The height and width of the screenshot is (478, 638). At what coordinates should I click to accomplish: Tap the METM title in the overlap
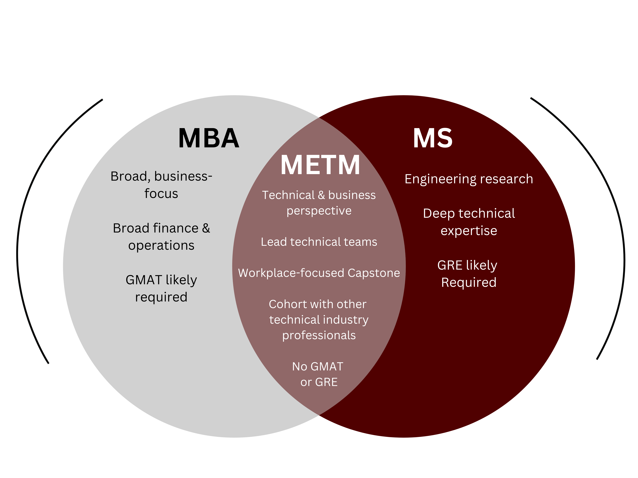[x=320, y=165]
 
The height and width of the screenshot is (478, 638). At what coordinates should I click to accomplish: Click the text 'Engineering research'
[x=469, y=179]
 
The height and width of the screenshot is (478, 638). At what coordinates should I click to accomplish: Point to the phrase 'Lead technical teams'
[x=319, y=242]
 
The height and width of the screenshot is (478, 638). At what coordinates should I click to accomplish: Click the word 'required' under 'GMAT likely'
[x=161, y=297]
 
